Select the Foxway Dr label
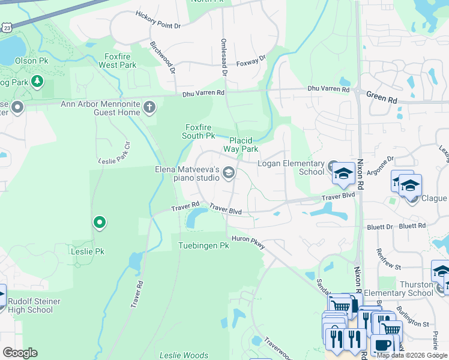pyautogui.click(x=250, y=61)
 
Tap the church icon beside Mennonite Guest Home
pyautogui.click(x=149, y=107)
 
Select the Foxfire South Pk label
pyautogui.click(x=200, y=131)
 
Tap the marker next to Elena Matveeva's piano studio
pyautogui.click(x=228, y=173)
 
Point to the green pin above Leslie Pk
pyautogui.click(x=100, y=223)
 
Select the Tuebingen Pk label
pyautogui.click(x=204, y=245)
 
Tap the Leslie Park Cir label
pyautogui.click(x=114, y=154)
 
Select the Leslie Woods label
pyautogui.click(x=184, y=355)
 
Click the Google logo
pyautogui.click(x=20, y=353)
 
